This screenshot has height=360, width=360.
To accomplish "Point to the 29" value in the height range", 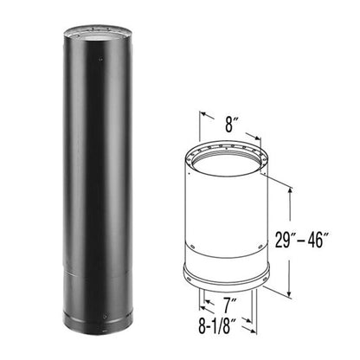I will (285, 239).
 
